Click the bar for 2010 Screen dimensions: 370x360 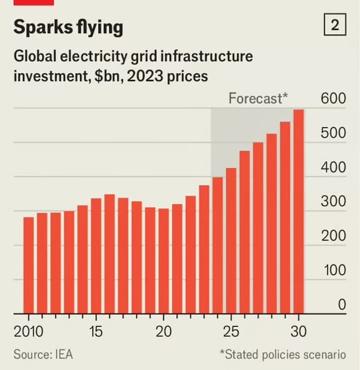click(29, 265)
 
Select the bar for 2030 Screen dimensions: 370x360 click(298, 212)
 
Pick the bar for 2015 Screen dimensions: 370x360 click(96, 256)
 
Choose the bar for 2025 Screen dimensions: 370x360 click(231, 240)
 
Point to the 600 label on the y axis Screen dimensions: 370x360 click(333, 98)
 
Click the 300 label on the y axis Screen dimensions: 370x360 click(333, 201)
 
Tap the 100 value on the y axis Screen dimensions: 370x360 click(333, 270)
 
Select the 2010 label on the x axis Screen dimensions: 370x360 click(28, 332)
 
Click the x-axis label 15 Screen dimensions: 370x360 click(96, 332)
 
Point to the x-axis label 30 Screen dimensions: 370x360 click(298, 332)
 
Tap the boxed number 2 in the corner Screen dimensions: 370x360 click(335, 25)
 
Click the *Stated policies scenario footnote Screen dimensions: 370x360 click(282, 354)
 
